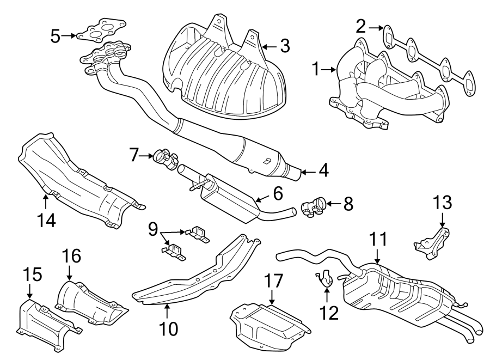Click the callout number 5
[55, 36]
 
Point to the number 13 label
[442, 203]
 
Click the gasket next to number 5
[101, 32]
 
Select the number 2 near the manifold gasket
[360, 26]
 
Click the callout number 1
[315, 69]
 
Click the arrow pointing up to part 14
[46, 201]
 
